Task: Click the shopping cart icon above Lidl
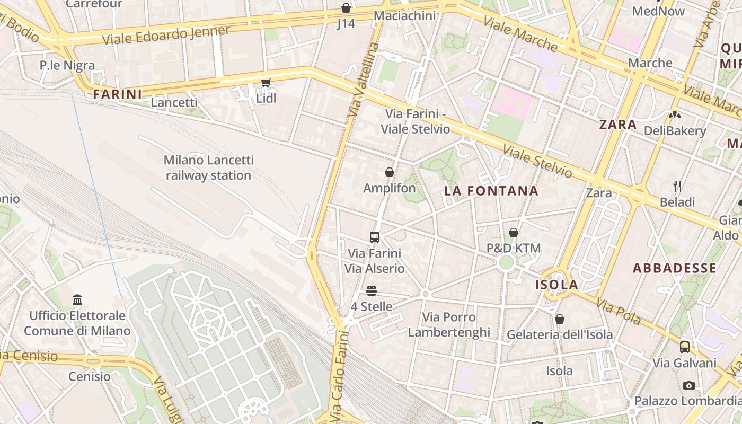(x=266, y=83)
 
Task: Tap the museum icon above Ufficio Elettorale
(x=77, y=300)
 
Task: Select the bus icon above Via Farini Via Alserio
(x=375, y=237)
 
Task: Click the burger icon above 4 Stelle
(x=372, y=290)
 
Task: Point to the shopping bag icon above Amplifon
(x=390, y=172)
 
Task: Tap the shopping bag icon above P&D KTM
(x=513, y=232)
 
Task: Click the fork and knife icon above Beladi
(x=677, y=186)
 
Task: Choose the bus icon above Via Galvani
(x=685, y=347)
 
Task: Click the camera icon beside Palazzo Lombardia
(x=688, y=385)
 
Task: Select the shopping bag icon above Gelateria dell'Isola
(x=560, y=319)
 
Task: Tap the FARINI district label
(x=118, y=94)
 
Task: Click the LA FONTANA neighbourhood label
(x=491, y=191)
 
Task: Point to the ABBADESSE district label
(x=675, y=268)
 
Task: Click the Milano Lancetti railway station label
(x=209, y=167)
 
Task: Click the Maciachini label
(x=404, y=16)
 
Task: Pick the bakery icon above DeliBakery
(x=674, y=114)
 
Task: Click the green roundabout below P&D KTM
(x=506, y=262)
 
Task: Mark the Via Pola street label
(x=619, y=312)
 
